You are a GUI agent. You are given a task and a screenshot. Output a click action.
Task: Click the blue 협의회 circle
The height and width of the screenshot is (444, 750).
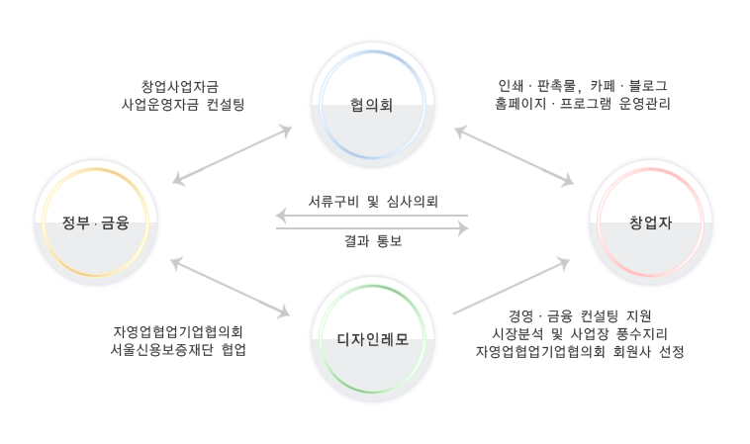[372, 104]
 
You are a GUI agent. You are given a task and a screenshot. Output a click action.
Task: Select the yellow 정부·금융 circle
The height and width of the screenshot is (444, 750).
[95, 222]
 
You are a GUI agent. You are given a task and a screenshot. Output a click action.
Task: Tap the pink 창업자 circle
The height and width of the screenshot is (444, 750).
[650, 222]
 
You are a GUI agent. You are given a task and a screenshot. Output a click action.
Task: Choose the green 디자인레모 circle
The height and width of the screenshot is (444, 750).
[372, 341]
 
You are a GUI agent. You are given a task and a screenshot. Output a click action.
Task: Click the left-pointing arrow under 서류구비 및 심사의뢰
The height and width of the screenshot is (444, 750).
[372, 216]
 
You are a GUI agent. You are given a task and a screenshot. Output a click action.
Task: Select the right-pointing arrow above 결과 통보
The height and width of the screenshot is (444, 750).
[372, 228]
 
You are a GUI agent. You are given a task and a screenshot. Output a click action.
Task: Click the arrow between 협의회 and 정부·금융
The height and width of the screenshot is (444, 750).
[232, 155]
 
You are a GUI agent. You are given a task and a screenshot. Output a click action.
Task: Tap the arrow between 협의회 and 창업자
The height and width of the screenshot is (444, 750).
[514, 155]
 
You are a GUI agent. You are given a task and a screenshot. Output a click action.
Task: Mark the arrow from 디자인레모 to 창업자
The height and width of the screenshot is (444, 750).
[512, 287]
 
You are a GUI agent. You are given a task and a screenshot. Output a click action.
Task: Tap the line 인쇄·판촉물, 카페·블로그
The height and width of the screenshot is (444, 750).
[584, 85]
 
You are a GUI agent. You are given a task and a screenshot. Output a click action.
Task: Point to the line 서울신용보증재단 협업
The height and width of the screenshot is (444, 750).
[179, 350]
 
